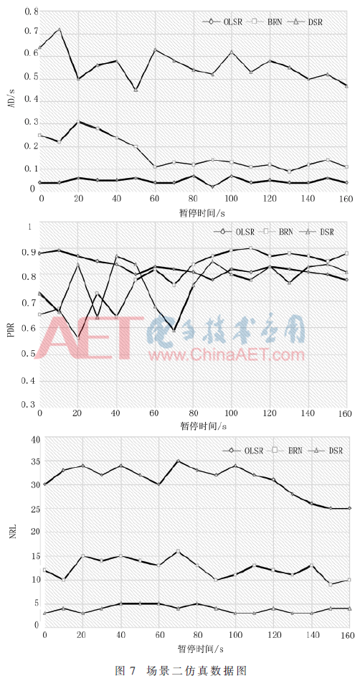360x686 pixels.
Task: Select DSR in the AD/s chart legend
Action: pos(315,22)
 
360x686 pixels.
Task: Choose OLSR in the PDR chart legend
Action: pos(245,232)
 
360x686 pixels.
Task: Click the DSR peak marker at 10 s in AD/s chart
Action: pos(60,29)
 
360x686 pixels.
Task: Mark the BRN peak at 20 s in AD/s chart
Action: pos(79,121)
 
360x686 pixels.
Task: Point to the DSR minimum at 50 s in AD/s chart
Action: pos(136,90)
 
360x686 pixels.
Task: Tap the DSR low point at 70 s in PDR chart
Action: pos(174,330)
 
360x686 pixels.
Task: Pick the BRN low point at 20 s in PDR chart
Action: pos(78,338)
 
